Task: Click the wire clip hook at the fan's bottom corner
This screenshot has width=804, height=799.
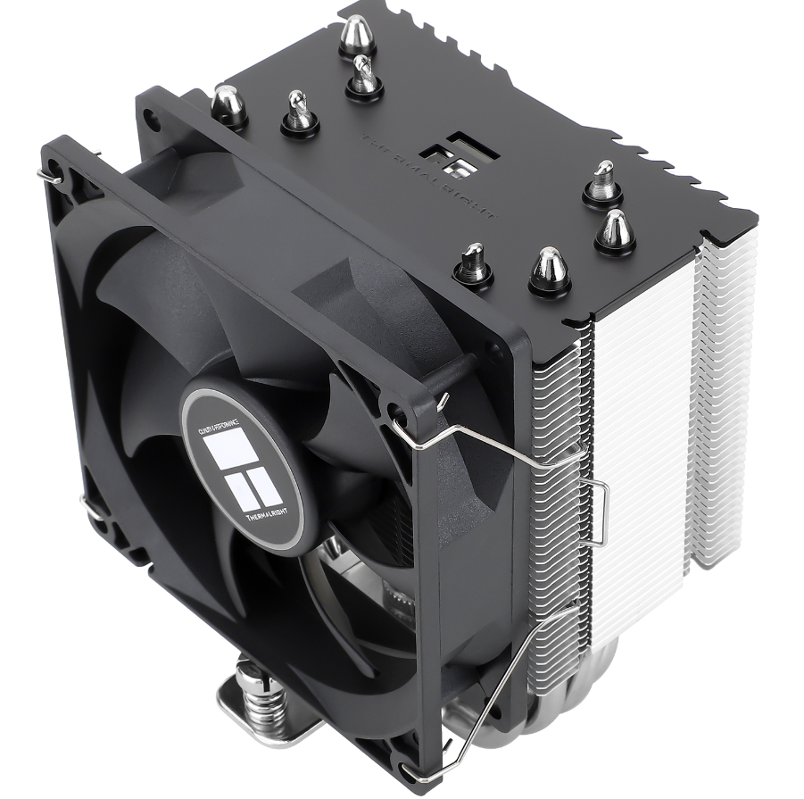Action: click(x=412, y=770)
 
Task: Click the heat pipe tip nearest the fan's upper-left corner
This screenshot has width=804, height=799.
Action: click(x=228, y=106)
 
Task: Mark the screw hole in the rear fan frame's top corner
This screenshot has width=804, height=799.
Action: click(x=151, y=113)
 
